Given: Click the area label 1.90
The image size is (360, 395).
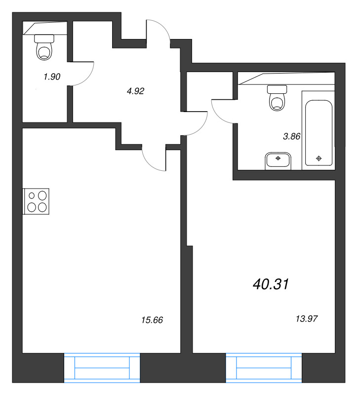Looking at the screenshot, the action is point(52,77).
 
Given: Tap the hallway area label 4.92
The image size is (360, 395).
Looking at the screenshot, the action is point(135,91).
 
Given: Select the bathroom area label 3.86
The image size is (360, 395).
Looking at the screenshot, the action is point(292,137).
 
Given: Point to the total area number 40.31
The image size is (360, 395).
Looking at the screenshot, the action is point(271,284).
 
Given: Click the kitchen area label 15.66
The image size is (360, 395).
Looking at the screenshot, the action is point(152,320).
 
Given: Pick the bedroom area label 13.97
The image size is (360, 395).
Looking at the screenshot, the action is point(307,319).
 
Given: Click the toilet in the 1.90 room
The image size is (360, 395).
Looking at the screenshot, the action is point(44,47).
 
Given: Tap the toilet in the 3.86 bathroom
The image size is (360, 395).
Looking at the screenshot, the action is point(277,98).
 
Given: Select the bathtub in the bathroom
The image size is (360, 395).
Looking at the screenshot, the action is point(319,133).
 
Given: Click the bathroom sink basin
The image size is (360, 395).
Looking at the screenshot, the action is point(278,161).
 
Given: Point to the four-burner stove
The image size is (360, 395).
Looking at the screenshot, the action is point(36,201).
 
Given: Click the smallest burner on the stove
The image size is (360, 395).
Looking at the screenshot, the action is point(32,196).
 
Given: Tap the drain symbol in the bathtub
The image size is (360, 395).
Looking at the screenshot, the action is point(319,158).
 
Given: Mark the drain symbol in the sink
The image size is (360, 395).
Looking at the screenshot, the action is point(278,158).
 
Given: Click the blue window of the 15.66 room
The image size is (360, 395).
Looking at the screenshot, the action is point(102,368).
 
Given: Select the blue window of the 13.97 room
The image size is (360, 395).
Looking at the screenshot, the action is point(264,368).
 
